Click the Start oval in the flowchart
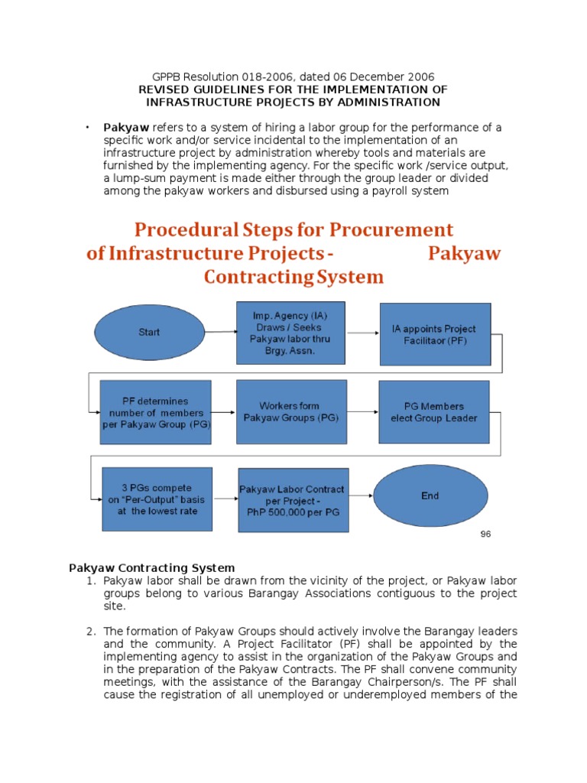tap(149, 332)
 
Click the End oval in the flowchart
tap(430, 495)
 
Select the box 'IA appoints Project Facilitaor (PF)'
tap(436, 333)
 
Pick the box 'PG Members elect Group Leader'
tap(433, 412)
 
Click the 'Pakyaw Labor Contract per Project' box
tap(292, 499)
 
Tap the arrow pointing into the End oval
tap(362, 496)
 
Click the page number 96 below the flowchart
tap(485, 534)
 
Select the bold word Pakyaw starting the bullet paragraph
tap(127, 127)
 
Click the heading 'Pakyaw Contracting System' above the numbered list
tap(151, 567)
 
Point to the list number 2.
tap(90, 631)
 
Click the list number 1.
tap(90, 581)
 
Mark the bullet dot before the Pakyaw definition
tap(88, 126)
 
